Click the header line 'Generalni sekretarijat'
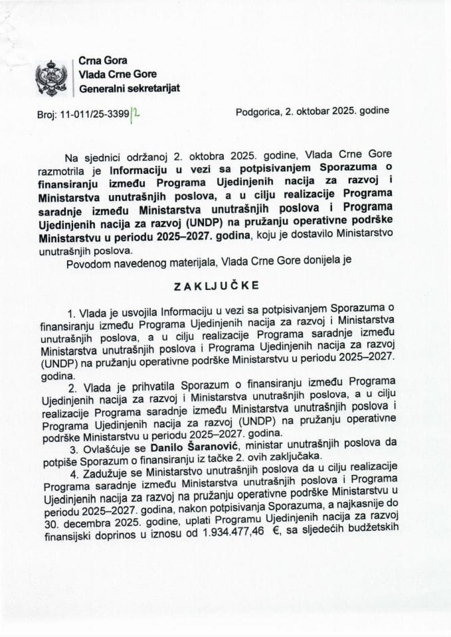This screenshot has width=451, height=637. click(129, 88)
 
